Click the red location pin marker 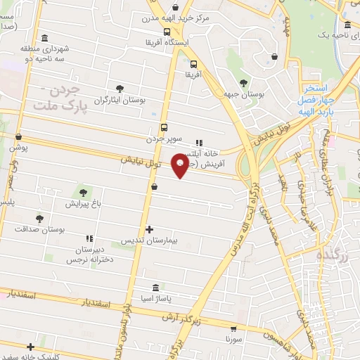pyautogui.click(x=181, y=165)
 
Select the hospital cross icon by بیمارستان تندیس pyautogui.click(x=149, y=229)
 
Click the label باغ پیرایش pyautogui.click(x=83, y=204)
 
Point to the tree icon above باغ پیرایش pyautogui.click(x=83, y=192)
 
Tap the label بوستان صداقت pyautogui.click(x=41, y=229)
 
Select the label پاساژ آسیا pyautogui.click(x=155, y=300)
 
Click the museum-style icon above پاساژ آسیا pyautogui.click(x=155, y=288)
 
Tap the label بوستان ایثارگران pyautogui.click(x=120, y=101)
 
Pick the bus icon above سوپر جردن pyautogui.click(x=164, y=127)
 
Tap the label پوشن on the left pyautogui.click(x=18, y=148)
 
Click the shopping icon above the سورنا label pyautogui.click(x=233, y=328)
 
